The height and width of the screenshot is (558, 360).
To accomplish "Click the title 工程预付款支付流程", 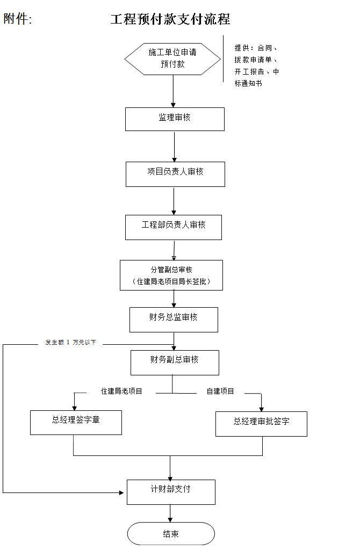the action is [170, 19].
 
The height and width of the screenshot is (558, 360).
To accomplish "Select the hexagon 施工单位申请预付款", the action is [172, 59].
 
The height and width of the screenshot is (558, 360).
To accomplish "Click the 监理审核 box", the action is [175, 119].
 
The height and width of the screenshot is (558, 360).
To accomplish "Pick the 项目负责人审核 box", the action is [175, 175].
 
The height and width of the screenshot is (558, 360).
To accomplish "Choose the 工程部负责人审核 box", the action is [174, 227].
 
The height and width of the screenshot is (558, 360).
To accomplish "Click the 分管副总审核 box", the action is [171, 276].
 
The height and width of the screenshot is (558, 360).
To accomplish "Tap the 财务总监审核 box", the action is [174, 320].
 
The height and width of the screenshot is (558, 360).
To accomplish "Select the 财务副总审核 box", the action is [175, 363].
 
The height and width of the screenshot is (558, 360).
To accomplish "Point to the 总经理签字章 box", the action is [76, 423].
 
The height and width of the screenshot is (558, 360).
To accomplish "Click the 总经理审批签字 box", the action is [261, 424].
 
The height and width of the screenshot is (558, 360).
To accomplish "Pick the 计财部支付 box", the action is [171, 492].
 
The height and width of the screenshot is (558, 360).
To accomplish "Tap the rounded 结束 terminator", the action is [171, 534].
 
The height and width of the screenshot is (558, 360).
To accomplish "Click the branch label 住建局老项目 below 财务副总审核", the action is [121, 392].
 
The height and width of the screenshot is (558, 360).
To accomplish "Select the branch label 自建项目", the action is [220, 392].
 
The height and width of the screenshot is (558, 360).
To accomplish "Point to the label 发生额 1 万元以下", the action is [70, 342].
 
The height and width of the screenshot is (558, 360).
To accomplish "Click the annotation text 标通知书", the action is [248, 84].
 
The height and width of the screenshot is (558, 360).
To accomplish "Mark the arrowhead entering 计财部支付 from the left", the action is [122, 493].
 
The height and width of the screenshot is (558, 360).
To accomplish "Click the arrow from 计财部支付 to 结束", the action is [170, 513].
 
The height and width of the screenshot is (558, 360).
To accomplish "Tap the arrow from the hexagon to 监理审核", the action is [174, 91].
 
